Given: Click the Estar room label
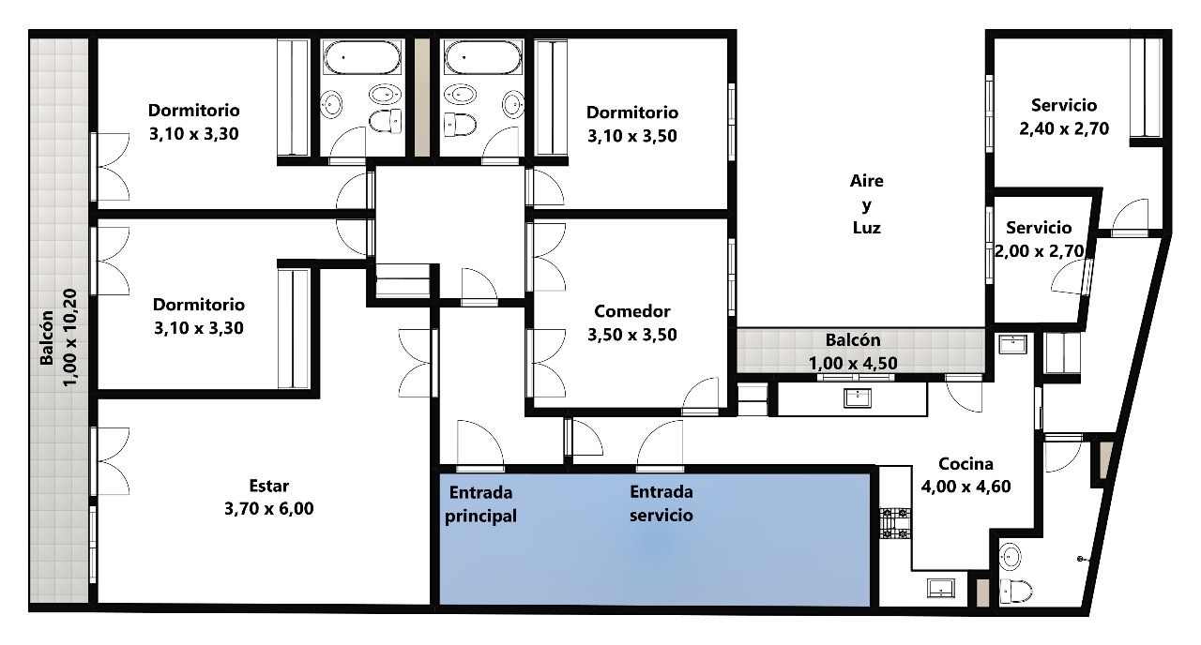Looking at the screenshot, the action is [269, 486].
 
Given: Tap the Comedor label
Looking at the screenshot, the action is [632, 311].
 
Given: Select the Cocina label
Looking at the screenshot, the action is [965, 463].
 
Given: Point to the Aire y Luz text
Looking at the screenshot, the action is [866, 204].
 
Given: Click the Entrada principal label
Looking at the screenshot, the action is [481, 504].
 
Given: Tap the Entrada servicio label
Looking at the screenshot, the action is [661, 503].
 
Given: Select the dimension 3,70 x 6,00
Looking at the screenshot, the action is [269, 508].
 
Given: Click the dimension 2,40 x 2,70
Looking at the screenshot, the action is [1064, 128].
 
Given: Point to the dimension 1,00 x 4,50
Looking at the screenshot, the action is [853, 363].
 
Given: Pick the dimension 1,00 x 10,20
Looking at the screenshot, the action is [70, 337].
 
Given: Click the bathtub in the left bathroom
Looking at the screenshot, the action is [363, 57].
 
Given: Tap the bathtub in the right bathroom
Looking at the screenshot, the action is [482, 57].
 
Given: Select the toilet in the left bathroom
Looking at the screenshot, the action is [385, 121].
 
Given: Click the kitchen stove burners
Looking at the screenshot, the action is [895, 523].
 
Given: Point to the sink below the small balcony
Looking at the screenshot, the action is [858, 398].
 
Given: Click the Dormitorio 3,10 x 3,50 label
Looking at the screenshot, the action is [632, 125].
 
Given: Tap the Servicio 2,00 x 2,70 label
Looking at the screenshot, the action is [1039, 239].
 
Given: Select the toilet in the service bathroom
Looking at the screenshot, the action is [1016, 592].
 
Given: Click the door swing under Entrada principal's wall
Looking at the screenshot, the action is [479, 444].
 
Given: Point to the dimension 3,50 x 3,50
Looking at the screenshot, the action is [632, 335].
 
